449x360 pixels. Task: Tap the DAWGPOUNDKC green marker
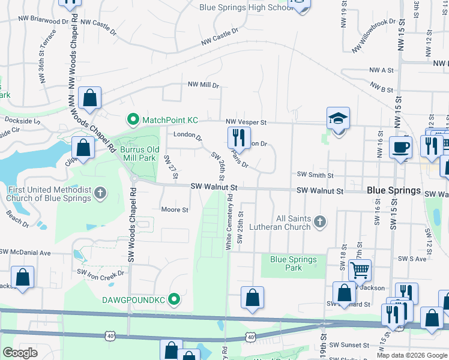tap(175, 298)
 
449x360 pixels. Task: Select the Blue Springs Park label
tap(294, 263)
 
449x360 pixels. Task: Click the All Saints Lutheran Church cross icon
tap(320, 223)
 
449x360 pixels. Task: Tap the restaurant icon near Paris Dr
tap(239, 137)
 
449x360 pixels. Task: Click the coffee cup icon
tap(400, 147)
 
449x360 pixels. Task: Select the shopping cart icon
tap(360, 270)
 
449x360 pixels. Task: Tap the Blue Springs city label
tap(394, 190)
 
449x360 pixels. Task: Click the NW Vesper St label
tap(246, 122)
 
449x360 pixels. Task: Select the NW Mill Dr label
tap(203, 85)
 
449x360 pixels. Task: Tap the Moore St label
tap(175, 210)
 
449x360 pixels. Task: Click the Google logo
tap(20, 353)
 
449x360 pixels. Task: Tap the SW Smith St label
tap(315, 175)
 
